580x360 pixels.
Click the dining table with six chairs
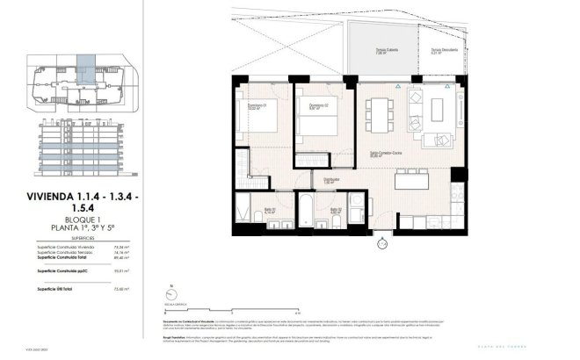(x=382, y=112)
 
